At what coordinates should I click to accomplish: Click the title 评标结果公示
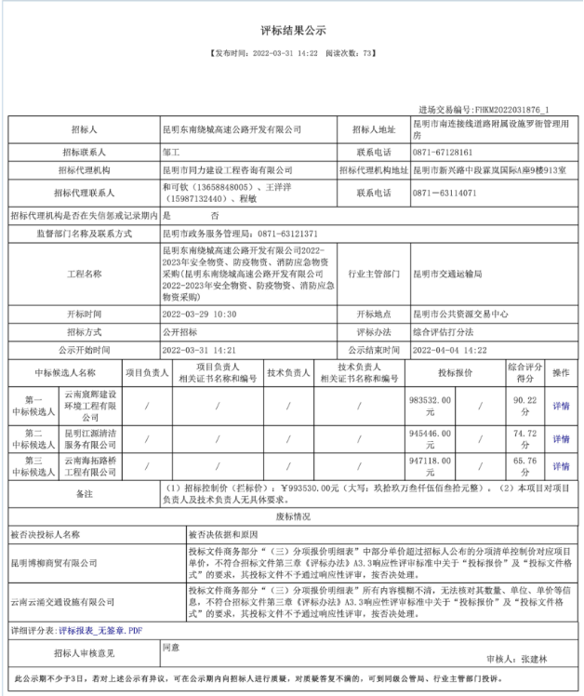click(293, 31)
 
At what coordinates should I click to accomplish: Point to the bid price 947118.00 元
click(431, 465)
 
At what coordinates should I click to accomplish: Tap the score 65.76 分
click(525, 465)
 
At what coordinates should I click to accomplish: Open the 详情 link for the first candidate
click(561, 406)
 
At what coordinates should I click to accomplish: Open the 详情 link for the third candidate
click(561, 466)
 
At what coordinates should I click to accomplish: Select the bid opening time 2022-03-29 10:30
click(199, 315)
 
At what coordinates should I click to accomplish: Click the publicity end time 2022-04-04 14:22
click(449, 350)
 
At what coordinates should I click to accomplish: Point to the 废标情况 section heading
click(293, 515)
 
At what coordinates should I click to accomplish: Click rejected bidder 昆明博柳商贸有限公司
click(54, 563)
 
